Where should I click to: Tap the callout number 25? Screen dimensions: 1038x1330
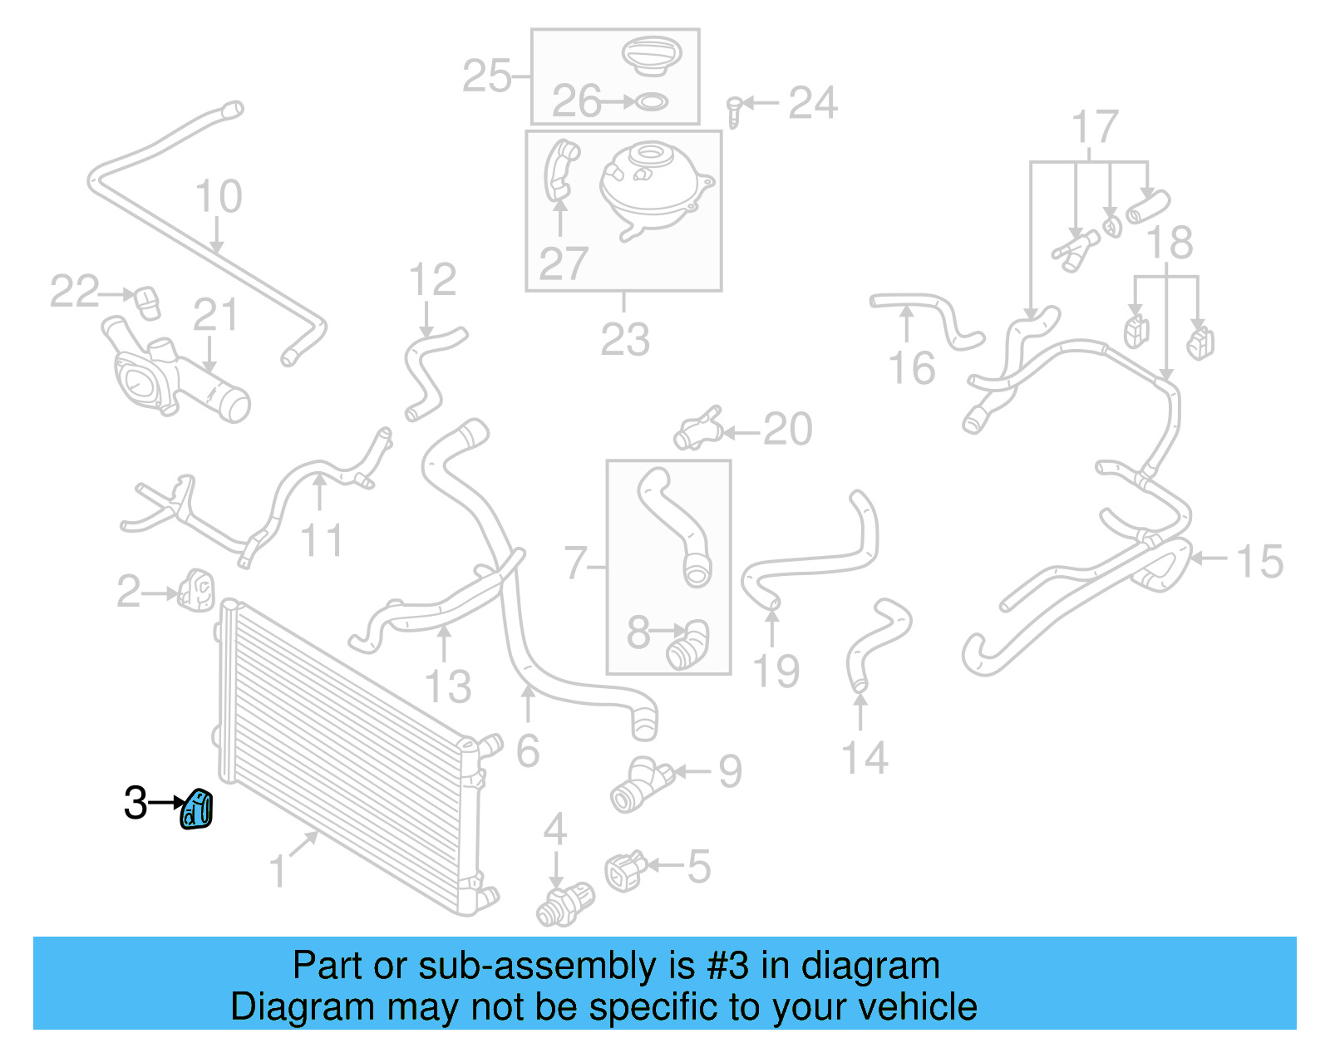click(487, 76)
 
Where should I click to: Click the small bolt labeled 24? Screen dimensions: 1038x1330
click(733, 111)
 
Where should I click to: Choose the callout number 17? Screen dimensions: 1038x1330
click(1095, 128)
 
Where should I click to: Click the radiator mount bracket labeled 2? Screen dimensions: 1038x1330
click(196, 589)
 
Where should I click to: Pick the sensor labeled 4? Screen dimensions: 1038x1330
click(565, 903)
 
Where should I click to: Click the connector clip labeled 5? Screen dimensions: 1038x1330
click(625, 870)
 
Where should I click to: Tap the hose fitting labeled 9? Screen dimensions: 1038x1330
click(639, 784)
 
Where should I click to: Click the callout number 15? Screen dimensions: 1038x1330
click(1260, 562)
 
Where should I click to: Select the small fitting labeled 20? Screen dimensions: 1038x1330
click(698, 429)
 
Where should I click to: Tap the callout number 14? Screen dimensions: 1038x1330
click(865, 759)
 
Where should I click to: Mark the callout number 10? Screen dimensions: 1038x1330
click(219, 197)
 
